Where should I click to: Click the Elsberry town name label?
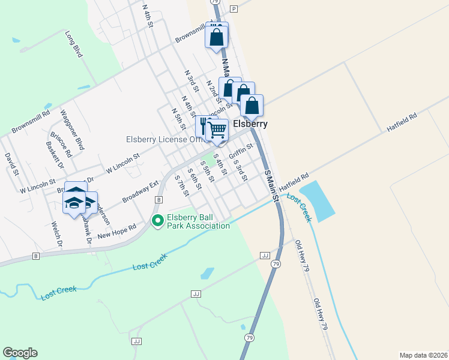[250, 124]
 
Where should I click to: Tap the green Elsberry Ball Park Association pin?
[158, 221]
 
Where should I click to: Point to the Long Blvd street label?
[73, 44]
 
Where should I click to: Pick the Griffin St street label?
[241, 151]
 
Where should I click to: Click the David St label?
[11, 163]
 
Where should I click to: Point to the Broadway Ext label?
[140, 191]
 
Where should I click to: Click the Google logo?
[20, 353]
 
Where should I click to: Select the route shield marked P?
[234, 8]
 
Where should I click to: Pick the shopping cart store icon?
[217, 130]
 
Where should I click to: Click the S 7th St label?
[181, 185]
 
